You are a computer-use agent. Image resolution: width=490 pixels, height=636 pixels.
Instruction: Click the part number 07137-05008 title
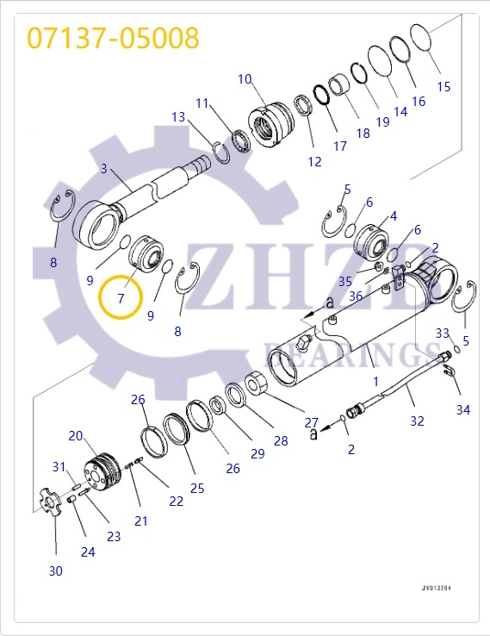click(x=113, y=38)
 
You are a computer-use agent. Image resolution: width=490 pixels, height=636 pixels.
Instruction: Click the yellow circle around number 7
click(x=121, y=298)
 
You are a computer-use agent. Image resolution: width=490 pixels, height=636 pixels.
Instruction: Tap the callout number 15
click(x=443, y=86)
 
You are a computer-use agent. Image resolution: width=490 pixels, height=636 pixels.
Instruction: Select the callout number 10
click(x=245, y=79)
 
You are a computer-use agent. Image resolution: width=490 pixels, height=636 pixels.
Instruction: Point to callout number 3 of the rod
click(x=104, y=169)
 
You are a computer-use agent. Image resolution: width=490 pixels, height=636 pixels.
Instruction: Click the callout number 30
click(x=55, y=571)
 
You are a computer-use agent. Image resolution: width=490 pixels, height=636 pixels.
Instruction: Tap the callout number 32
click(x=417, y=421)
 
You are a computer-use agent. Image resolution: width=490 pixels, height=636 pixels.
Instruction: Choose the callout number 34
click(x=463, y=409)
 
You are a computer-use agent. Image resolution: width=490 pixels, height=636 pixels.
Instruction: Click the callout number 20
click(x=76, y=435)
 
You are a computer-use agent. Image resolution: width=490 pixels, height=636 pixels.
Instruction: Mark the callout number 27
click(x=312, y=422)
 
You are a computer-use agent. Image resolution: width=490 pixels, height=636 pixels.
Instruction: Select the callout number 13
click(x=178, y=116)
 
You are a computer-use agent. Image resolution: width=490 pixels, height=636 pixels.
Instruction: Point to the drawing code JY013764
click(x=437, y=589)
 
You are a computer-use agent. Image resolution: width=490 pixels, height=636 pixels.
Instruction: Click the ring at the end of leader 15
click(x=419, y=38)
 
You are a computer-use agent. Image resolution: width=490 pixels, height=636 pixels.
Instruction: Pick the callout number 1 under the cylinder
click(x=375, y=380)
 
